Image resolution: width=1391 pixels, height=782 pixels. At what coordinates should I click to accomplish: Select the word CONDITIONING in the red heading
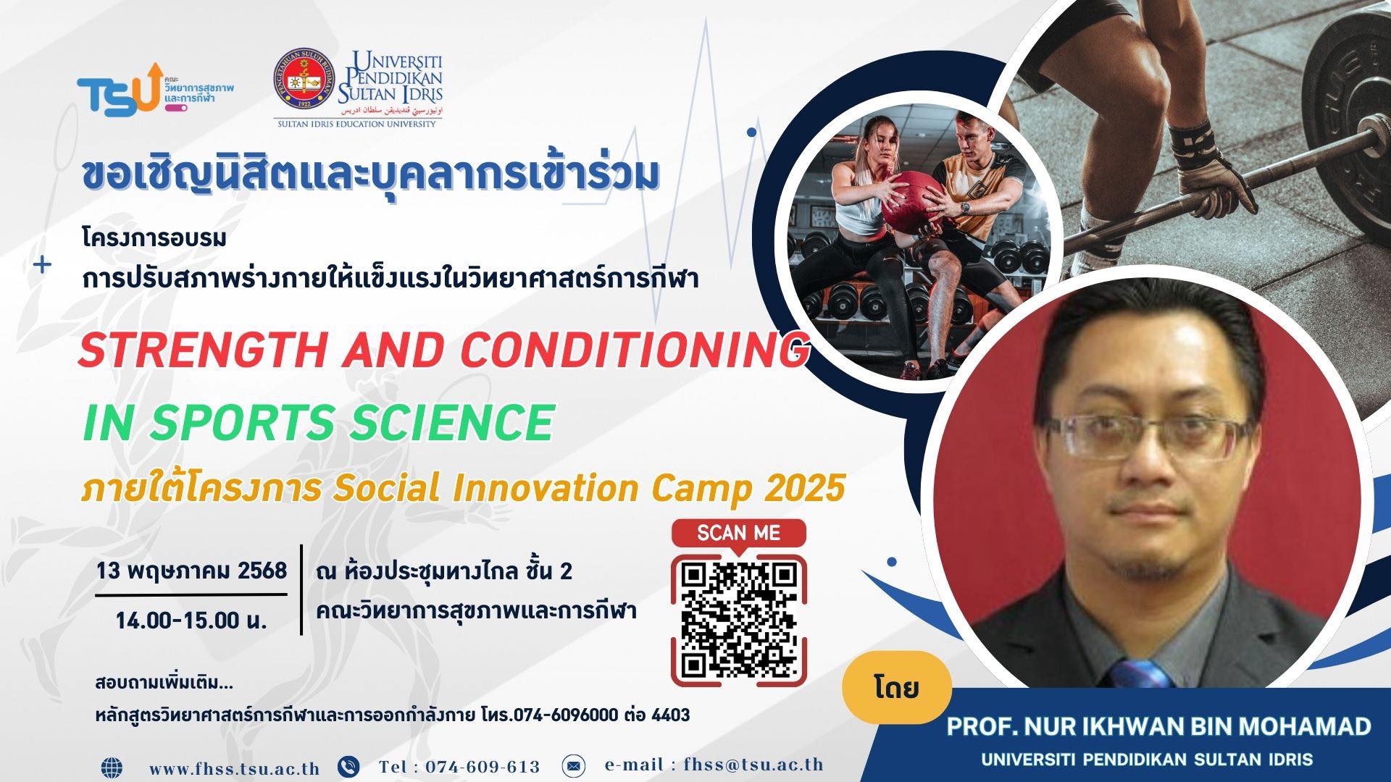point(634,350)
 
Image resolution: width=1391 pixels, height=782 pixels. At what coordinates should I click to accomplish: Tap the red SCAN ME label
point(738,534)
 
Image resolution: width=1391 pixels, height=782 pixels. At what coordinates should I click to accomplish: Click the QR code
point(738,621)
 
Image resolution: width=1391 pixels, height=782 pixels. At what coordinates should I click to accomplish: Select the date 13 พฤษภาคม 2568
point(191,571)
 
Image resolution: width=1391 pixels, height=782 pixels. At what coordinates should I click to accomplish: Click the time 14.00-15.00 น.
point(191,621)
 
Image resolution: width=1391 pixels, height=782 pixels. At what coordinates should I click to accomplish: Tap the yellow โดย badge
point(897,687)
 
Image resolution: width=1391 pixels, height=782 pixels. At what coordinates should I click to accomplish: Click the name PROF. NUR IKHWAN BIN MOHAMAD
point(1158,727)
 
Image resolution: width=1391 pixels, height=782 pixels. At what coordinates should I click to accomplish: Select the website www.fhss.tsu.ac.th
point(234,768)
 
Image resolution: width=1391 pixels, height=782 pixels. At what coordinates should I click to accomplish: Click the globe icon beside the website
point(112,767)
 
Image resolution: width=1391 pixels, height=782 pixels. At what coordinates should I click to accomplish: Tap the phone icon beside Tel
point(348,766)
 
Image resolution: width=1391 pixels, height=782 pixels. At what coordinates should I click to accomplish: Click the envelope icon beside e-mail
point(573,765)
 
